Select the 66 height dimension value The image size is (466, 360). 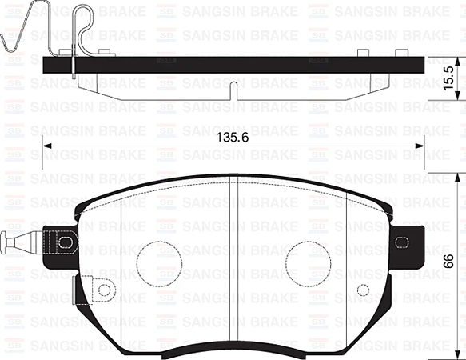click(x=449, y=261)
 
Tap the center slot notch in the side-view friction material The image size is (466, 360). click(x=232, y=90)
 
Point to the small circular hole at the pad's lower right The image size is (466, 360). click(x=364, y=290)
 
